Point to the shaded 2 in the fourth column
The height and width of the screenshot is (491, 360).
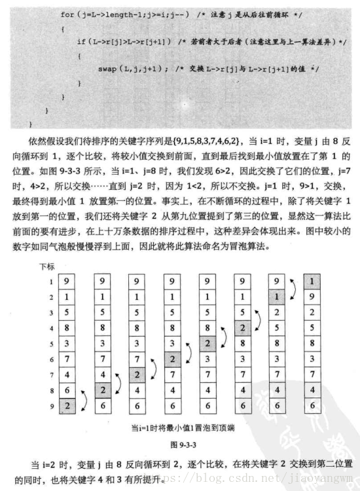[x=172, y=358]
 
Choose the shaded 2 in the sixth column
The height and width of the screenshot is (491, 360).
[x=242, y=328]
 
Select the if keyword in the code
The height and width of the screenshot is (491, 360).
[x=81, y=42]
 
